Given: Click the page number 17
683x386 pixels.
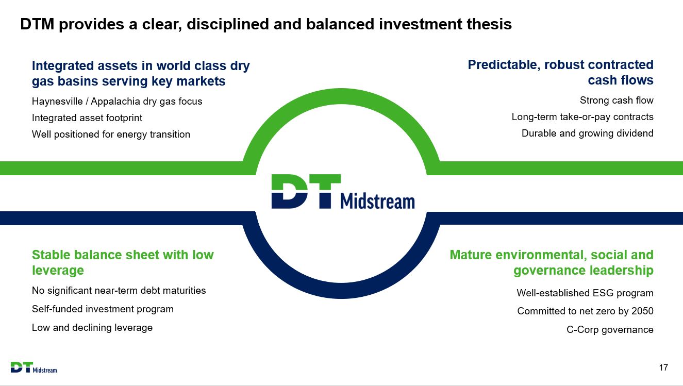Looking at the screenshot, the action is tap(663, 367).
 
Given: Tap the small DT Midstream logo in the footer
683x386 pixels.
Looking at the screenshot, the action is tap(34, 367).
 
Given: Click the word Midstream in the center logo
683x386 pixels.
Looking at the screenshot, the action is tap(377, 201).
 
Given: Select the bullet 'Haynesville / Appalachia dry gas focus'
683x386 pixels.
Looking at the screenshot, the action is tap(117, 102).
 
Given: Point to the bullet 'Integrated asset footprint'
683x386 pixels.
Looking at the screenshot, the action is tap(87, 118).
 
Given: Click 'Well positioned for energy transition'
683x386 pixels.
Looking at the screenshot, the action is tap(111, 135).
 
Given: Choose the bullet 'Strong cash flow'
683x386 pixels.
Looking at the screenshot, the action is tap(617, 100).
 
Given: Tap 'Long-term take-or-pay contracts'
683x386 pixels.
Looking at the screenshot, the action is tap(582, 117).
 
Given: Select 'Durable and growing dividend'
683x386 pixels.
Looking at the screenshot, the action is tap(587, 133).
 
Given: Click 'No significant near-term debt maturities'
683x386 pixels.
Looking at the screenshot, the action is tap(119, 291).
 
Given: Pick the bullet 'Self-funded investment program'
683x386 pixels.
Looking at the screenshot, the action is tap(103, 309).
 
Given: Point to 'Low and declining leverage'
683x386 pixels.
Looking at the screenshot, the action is tap(92, 328).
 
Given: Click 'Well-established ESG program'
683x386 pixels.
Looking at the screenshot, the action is tap(585, 293).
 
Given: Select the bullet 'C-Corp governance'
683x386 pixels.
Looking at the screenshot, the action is tap(610, 330).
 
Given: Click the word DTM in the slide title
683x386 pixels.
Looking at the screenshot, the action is tap(37, 24).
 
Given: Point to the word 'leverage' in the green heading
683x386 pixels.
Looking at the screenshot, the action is tap(58, 271).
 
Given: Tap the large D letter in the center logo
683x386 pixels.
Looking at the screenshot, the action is tap(290, 192).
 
